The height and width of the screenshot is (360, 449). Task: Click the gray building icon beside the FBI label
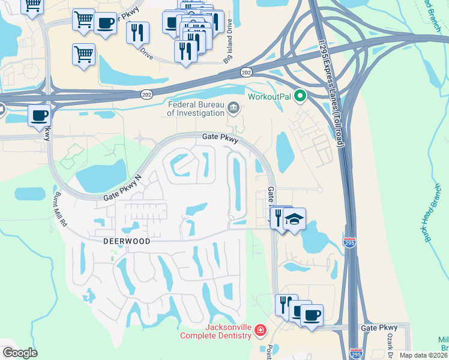point(234,108)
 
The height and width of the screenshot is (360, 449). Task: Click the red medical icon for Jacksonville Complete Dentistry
point(260,330)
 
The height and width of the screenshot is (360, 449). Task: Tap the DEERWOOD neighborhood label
point(121,241)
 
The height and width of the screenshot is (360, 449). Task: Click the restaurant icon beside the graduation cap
point(279,217)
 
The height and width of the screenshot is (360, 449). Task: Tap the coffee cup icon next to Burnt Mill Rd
point(40,115)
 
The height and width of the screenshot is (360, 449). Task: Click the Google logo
point(20,353)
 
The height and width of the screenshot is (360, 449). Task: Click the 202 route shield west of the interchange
point(146,95)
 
